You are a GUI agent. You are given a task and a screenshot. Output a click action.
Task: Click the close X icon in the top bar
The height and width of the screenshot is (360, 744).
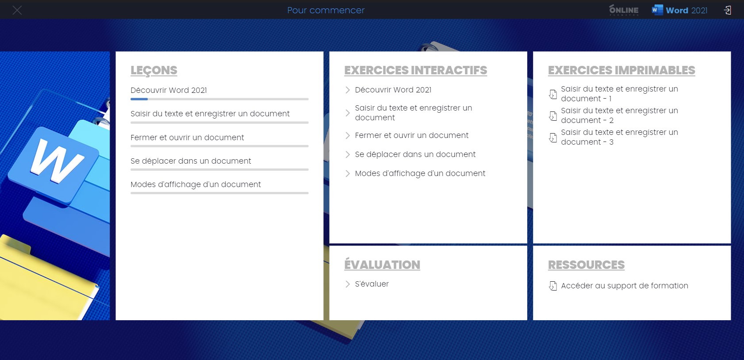coord(17,10)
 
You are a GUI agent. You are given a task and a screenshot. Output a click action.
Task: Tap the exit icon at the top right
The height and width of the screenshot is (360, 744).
coord(727,10)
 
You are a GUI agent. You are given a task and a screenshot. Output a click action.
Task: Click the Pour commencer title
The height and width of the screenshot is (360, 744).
coord(326,10)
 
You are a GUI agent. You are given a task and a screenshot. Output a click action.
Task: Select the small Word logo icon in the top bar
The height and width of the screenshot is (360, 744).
coord(657,10)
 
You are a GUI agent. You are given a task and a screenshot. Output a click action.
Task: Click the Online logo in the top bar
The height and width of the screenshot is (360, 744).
coord(624,10)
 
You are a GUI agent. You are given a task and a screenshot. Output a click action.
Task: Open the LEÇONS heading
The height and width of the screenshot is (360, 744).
coord(154,70)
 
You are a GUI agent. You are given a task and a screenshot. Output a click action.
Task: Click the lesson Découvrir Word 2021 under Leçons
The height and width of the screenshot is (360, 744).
coord(169,90)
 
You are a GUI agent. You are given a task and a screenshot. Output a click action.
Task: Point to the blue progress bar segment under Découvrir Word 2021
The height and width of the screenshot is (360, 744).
coord(139,99)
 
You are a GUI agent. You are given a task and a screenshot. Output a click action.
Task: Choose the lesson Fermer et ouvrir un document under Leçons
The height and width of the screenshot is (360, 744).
coord(188,138)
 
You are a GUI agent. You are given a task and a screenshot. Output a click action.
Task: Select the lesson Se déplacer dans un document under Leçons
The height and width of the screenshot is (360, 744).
coord(191,161)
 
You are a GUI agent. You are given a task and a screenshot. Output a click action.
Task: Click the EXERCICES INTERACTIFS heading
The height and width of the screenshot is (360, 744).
coord(415,70)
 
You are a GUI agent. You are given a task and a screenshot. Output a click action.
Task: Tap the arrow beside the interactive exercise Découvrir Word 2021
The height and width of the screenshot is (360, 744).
coord(347,90)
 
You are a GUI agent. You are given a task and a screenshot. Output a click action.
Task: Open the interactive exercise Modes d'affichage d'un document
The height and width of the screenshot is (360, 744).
coord(420,173)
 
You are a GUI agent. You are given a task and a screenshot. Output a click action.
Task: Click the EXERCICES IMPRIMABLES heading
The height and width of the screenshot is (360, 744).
coord(621,70)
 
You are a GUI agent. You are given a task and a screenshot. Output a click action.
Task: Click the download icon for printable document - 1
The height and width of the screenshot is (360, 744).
coord(552,94)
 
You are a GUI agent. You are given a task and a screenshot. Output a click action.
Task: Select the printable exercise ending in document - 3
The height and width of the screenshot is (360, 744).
coord(619,137)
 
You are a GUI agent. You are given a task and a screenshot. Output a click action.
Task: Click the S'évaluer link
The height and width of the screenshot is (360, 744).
coord(372,284)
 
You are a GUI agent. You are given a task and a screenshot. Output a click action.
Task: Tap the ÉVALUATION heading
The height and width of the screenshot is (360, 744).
coord(382,264)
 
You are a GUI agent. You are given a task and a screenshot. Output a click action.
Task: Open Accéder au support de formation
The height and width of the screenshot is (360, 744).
coord(625,286)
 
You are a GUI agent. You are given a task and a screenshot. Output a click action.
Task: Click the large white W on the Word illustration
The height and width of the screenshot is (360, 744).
coord(57,161)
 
